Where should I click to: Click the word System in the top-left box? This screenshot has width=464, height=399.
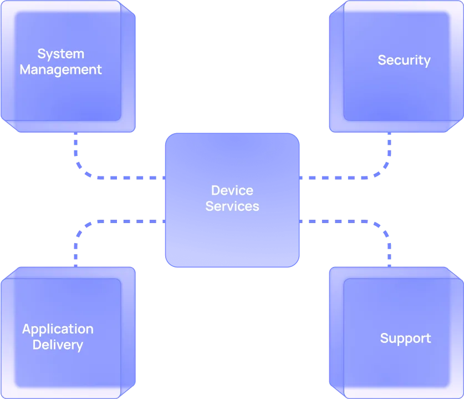point(61,54)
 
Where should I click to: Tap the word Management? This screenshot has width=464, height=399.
point(61,70)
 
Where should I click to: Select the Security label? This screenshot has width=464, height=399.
point(404,60)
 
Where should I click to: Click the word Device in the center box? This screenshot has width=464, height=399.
point(232,190)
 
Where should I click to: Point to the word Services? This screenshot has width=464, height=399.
point(232,206)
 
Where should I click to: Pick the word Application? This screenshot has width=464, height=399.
point(58,329)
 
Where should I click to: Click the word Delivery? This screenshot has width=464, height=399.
point(58,345)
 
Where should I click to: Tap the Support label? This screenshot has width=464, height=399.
point(405,339)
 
